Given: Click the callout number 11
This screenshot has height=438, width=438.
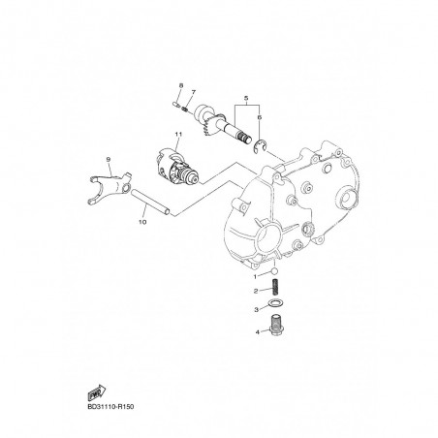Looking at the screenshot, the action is pos(178,134).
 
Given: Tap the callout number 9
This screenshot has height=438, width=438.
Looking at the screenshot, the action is pos(109,159).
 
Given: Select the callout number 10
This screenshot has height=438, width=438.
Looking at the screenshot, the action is pos(142,222).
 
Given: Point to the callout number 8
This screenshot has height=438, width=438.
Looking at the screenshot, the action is pos(181,85).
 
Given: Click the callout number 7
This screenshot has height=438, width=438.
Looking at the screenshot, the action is pos(193,92).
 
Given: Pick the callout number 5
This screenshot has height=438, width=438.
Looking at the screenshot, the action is pos(246,98).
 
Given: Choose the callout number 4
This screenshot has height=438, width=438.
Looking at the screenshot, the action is pos(258,331).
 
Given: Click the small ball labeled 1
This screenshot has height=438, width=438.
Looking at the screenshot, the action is pos(274,270).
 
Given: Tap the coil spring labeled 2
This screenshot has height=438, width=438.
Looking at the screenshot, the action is pos(276,287).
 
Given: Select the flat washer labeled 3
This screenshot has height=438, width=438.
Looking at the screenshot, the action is pos(275,303).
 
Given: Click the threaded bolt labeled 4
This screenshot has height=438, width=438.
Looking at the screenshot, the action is pos(275,324).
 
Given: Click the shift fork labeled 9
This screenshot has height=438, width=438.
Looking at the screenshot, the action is pos(109,188).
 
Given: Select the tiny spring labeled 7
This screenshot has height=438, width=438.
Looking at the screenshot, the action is pos(185,109).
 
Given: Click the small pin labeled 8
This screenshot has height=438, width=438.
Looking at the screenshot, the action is pos(175,104).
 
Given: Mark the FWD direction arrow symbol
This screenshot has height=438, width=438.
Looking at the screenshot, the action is pos(97,392).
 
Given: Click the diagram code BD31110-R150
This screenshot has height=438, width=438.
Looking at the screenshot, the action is pos(110,407).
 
